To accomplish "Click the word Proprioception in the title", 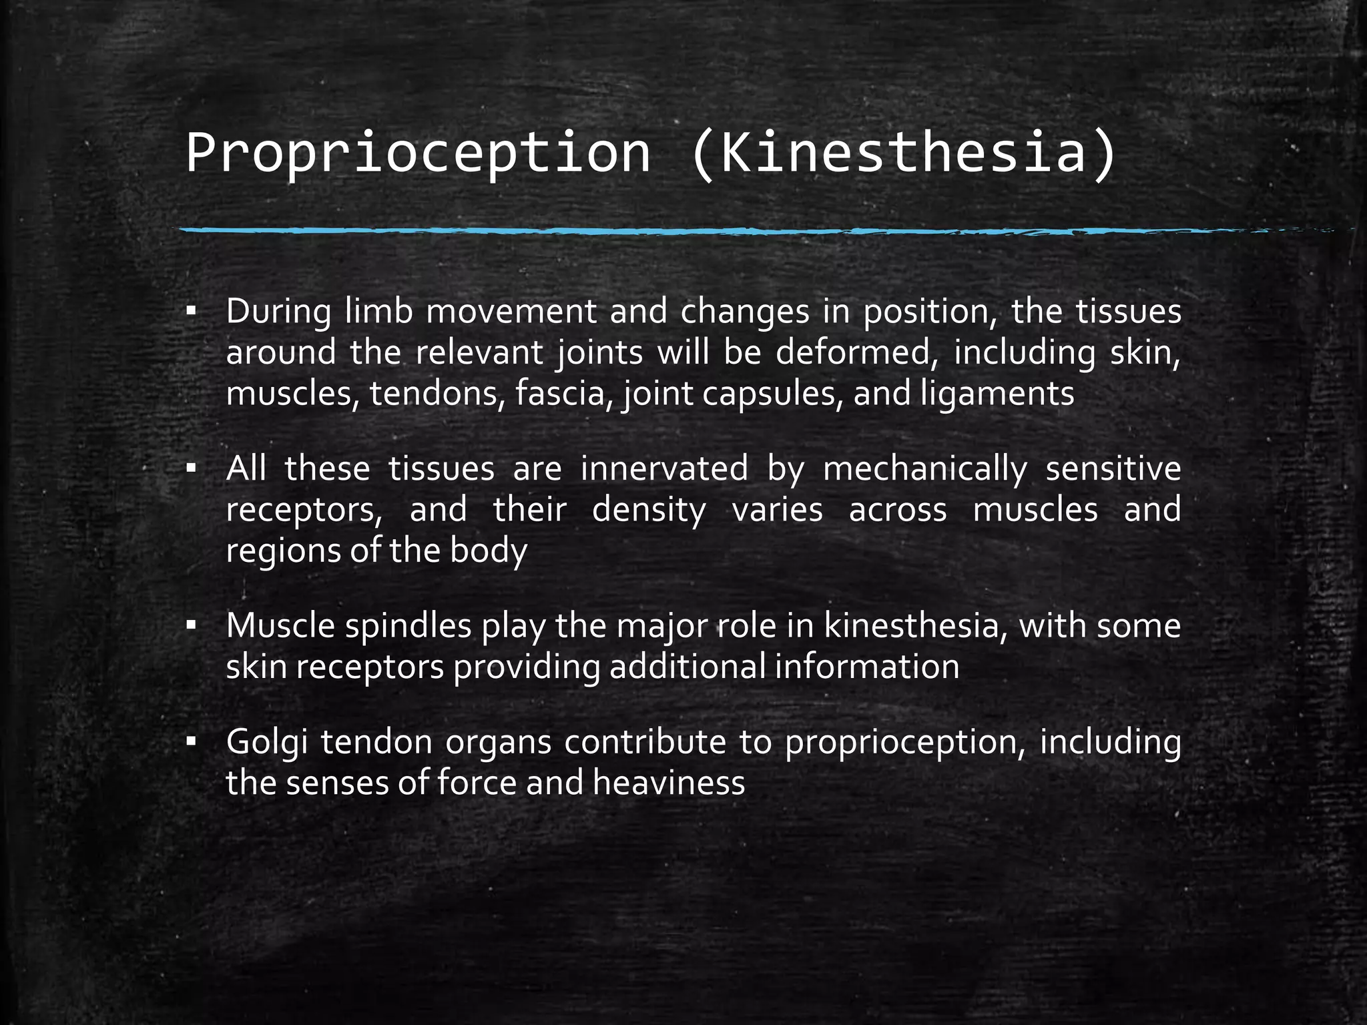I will (418, 153).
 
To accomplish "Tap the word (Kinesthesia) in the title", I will (902, 153).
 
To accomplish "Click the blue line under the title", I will (667, 231).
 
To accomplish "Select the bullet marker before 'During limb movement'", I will (192, 312).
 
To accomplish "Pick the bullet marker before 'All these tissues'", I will (192, 468).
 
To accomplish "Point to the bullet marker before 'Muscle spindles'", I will (192, 626).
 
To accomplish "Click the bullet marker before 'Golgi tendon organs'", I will (192, 741).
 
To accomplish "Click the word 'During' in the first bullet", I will (278, 312).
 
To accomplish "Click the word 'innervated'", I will (664, 468).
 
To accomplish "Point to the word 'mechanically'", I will (924, 470).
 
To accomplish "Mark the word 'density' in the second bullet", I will (649, 510).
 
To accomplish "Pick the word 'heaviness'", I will (669, 783).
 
